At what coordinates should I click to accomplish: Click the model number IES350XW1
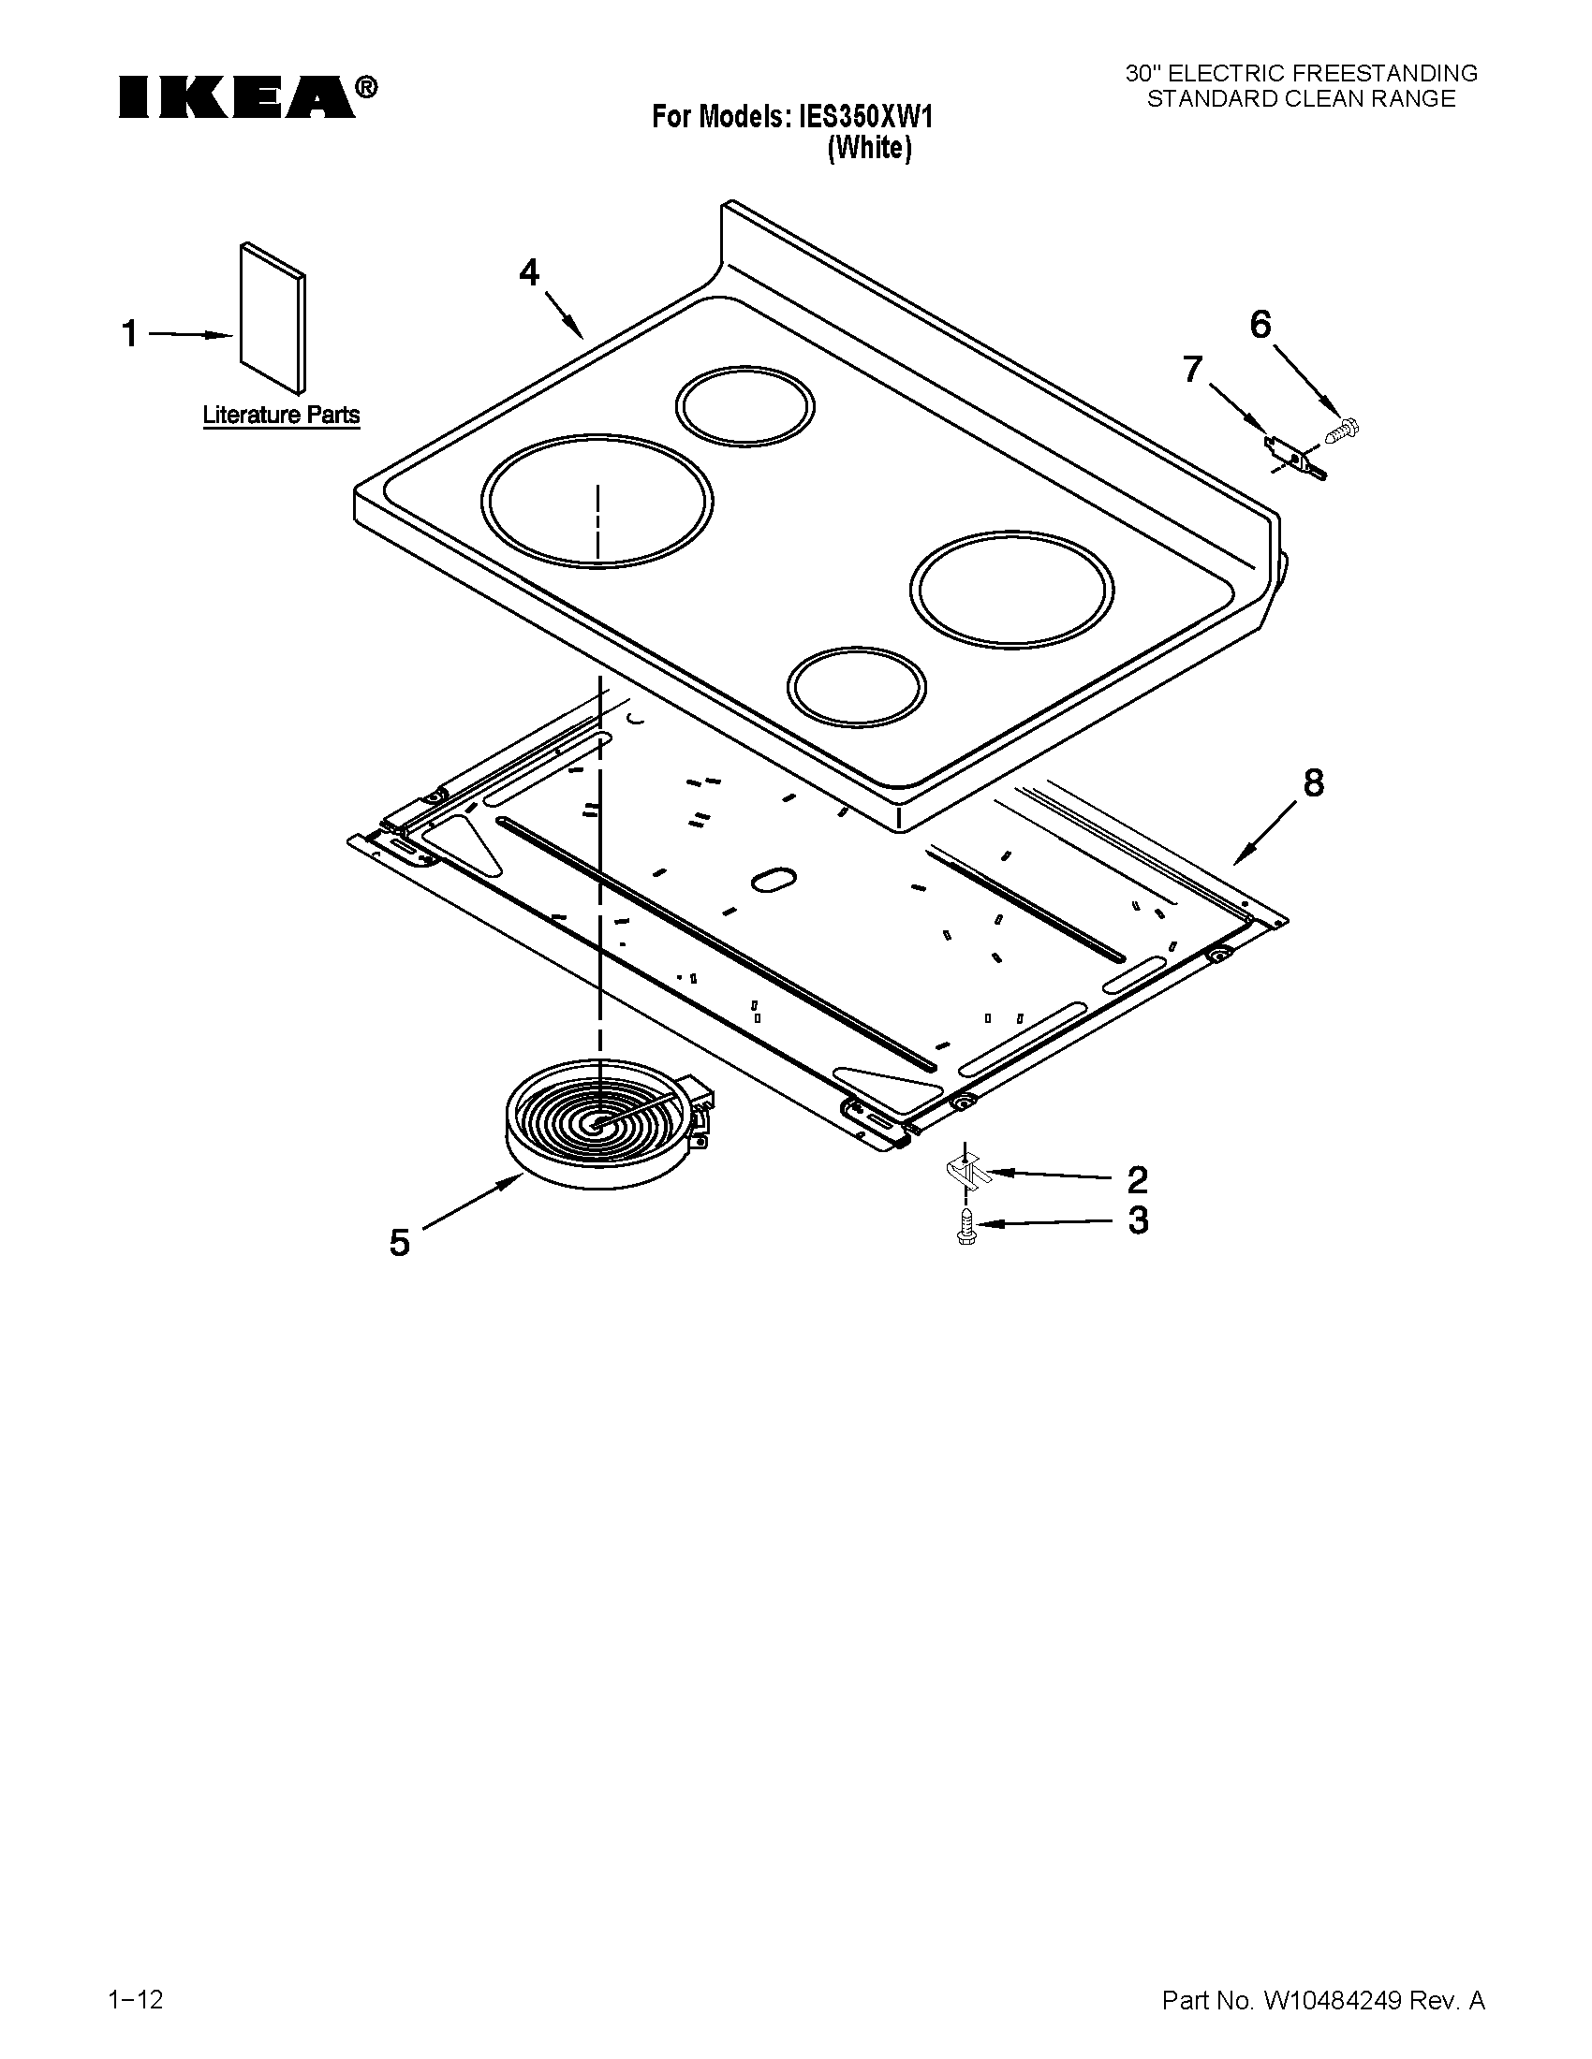866,118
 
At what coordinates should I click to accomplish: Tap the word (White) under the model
870,149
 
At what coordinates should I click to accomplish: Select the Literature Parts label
281,415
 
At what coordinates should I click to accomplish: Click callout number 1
130,334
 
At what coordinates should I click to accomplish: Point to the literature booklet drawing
273,317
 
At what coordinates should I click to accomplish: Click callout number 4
529,272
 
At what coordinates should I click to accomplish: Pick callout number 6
1260,325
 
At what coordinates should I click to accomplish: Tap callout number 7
1193,369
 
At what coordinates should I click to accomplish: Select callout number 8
1313,782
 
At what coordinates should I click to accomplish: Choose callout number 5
400,1244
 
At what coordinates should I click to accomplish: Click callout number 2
1138,1178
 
